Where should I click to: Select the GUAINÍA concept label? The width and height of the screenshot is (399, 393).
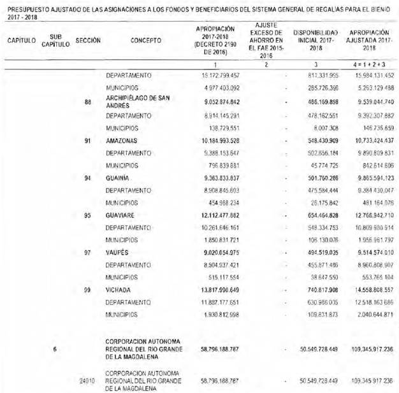[x=117, y=178]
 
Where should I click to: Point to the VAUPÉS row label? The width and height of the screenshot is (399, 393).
[x=117, y=252]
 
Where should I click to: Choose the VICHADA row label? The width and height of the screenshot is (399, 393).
[x=119, y=290]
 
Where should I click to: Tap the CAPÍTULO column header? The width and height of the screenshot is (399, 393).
[x=21, y=40]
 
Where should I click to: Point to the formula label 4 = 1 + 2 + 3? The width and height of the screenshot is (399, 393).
[x=369, y=64]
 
